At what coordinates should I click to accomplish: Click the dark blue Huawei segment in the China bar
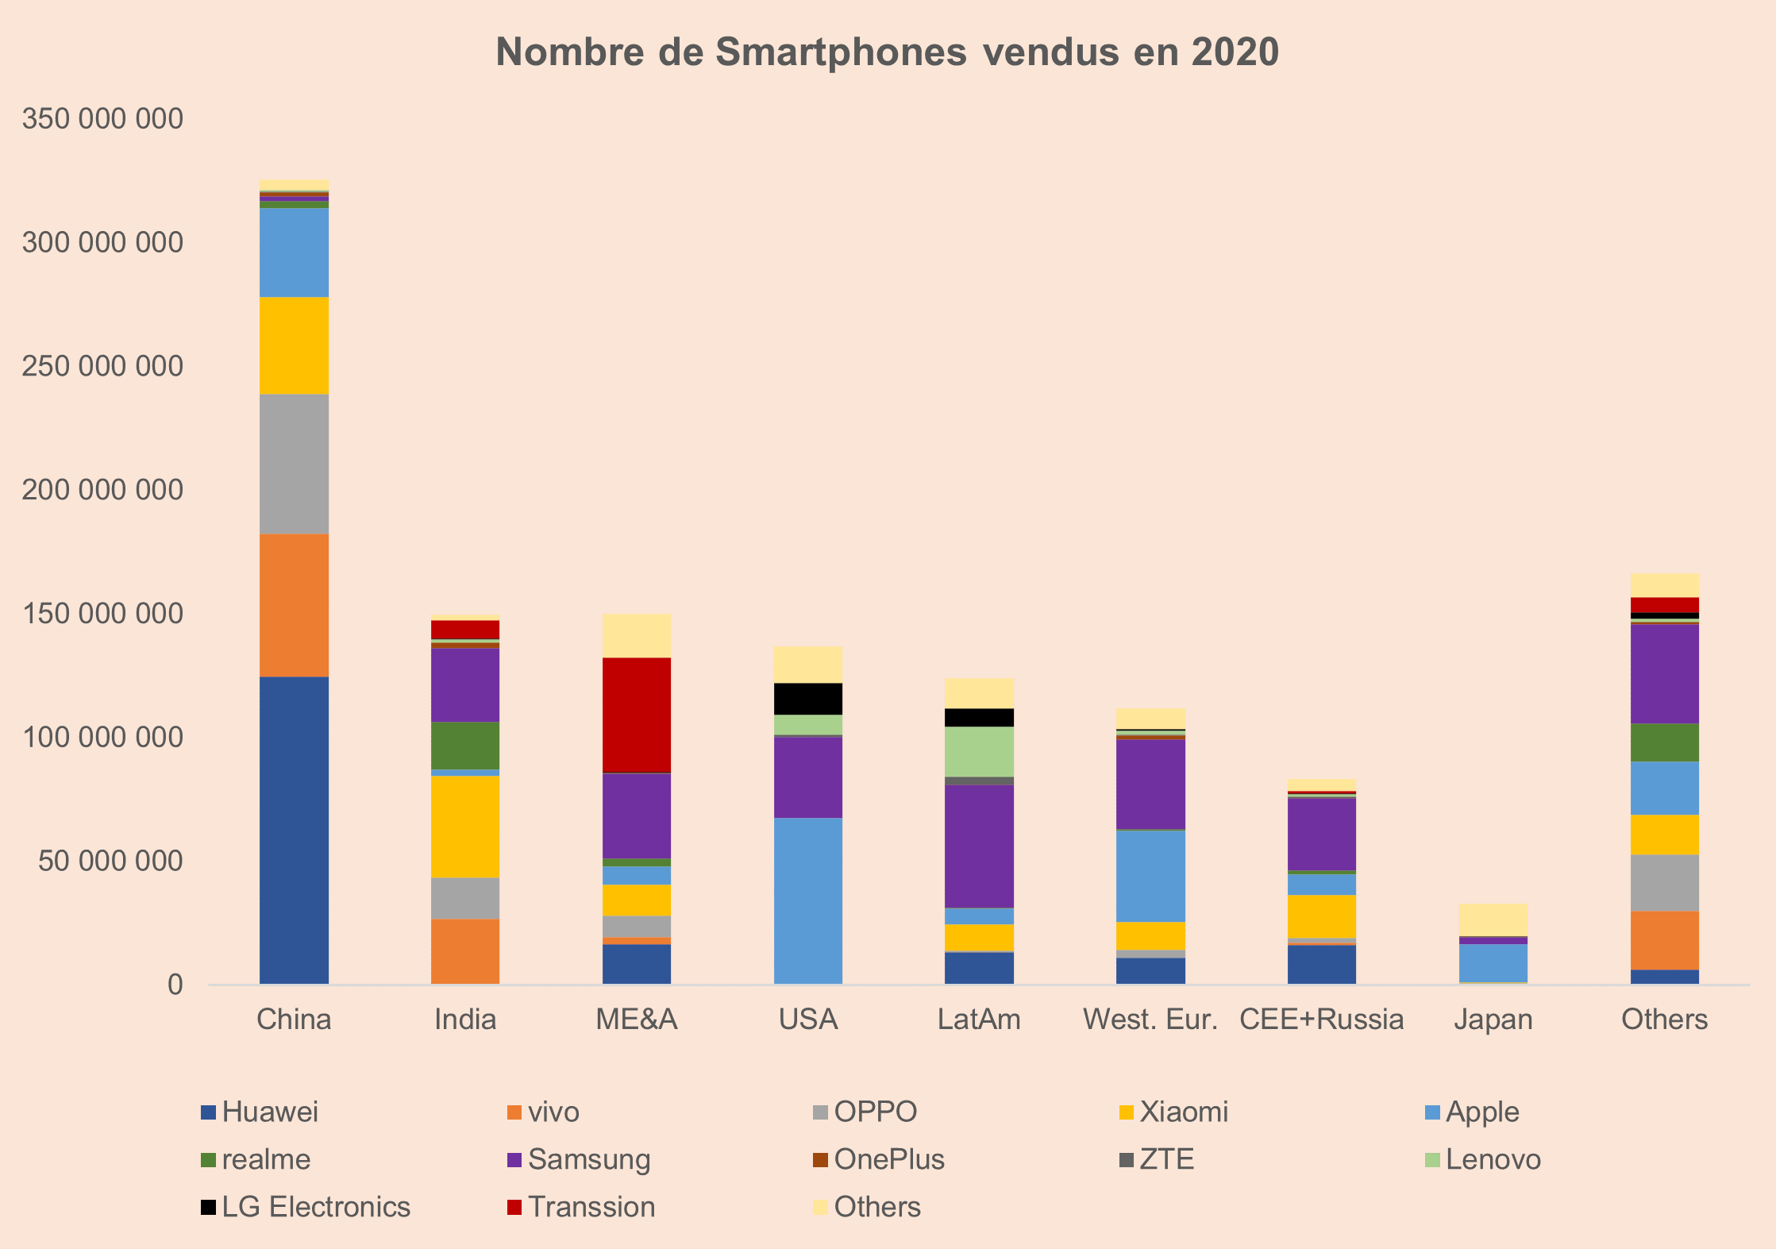click(x=294, y=830)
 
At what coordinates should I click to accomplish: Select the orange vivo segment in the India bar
click(x=465, y=951)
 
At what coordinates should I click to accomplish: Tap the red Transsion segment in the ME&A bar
click(x=637, y=715)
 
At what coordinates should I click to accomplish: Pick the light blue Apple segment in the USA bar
click(x=808, y=900)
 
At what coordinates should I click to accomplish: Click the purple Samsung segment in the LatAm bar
click(x=979, y=846)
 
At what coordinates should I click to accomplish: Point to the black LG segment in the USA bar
click(x=808, y=699)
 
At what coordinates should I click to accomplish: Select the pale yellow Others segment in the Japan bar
click(x=1493, y=919)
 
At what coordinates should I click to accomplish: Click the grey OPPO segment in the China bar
click(x=294, y=464)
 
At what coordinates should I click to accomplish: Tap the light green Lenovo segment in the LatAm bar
click(x=979, y=751)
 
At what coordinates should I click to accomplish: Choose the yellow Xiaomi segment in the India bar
click(x=465, y=826)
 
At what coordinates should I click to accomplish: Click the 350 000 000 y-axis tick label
click(x=102, y=119)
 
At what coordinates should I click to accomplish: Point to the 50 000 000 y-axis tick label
click(x=110, y=861)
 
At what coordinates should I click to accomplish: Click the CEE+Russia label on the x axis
click(x=1321, y=1020)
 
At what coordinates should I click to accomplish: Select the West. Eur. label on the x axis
click(x=1150, y=1020)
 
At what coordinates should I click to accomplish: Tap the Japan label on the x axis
click(x=1493, y=1020)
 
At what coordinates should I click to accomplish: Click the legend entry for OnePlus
click(x=889, y=1159)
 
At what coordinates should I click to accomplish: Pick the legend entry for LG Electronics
click(x=316, y=1207)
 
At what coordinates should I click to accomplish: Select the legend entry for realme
click(x=266, y=1159)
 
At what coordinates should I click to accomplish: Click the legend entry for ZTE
click(x=1166, y=1159)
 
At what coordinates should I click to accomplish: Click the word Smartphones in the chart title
click(x=842, y=52)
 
